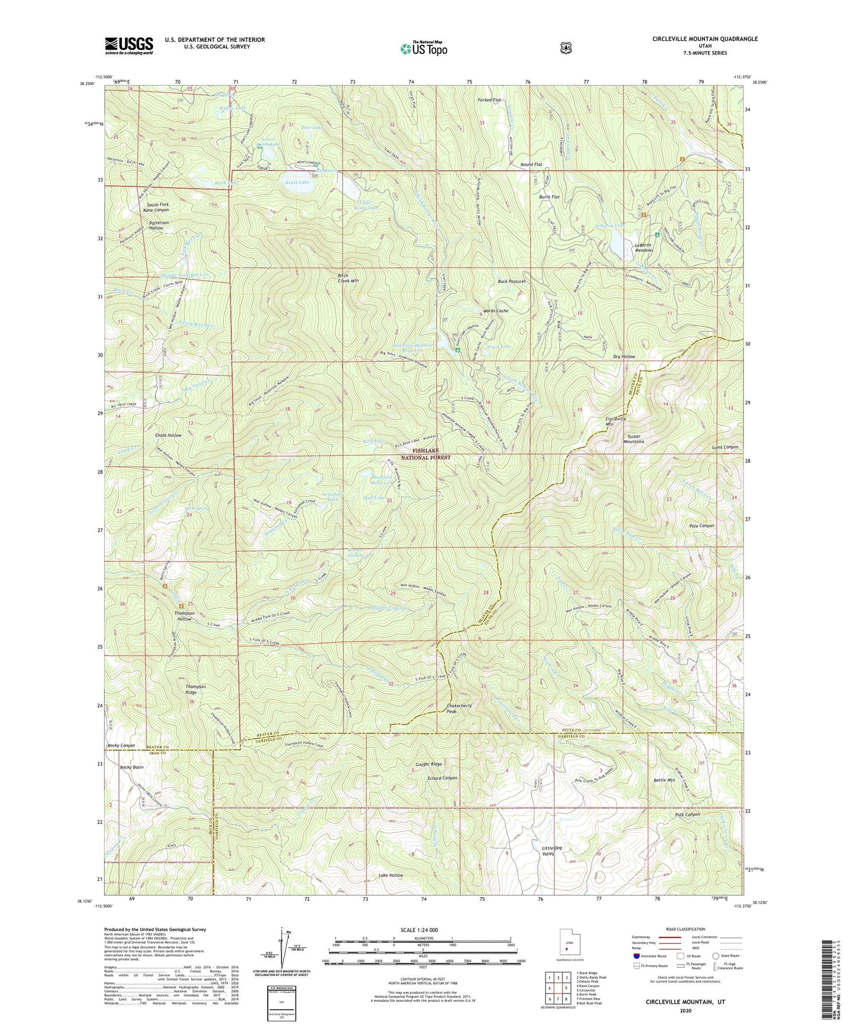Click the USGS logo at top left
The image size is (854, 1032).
[x=129, y=46]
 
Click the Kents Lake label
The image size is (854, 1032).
[x=297, y=183]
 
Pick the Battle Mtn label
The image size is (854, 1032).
[x=664, y=780]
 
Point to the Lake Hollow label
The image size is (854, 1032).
[x=391, y=875]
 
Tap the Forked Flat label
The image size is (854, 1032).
[x=489, y=100]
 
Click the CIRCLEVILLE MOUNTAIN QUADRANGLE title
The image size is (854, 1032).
[x=704, y=39]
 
